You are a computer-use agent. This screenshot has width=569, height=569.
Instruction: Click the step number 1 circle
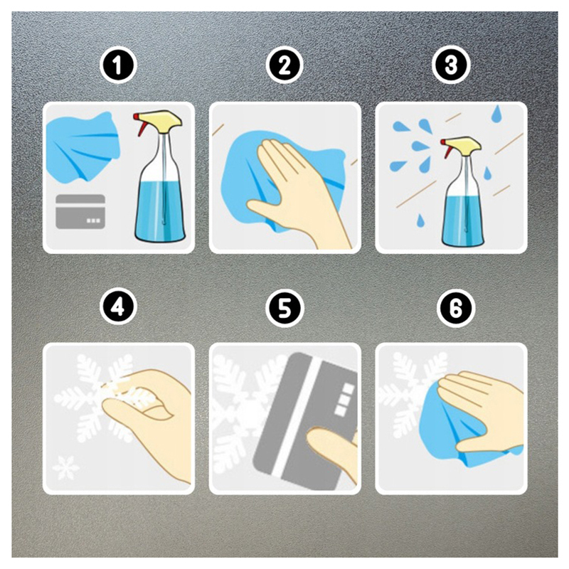click(x=118, y=66)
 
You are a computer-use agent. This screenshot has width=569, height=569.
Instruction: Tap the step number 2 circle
click(x=284, y=66)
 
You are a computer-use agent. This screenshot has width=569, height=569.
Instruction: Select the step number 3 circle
click(x=451, y=66)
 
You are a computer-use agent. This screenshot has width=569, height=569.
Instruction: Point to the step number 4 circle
click(x=118, y=307)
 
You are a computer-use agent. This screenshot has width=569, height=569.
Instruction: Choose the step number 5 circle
click(x=284, y=307)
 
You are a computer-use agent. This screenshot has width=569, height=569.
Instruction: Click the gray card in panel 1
click(x=80, y=212)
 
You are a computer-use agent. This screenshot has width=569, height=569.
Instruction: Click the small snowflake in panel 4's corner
click(x=65, y=468)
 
